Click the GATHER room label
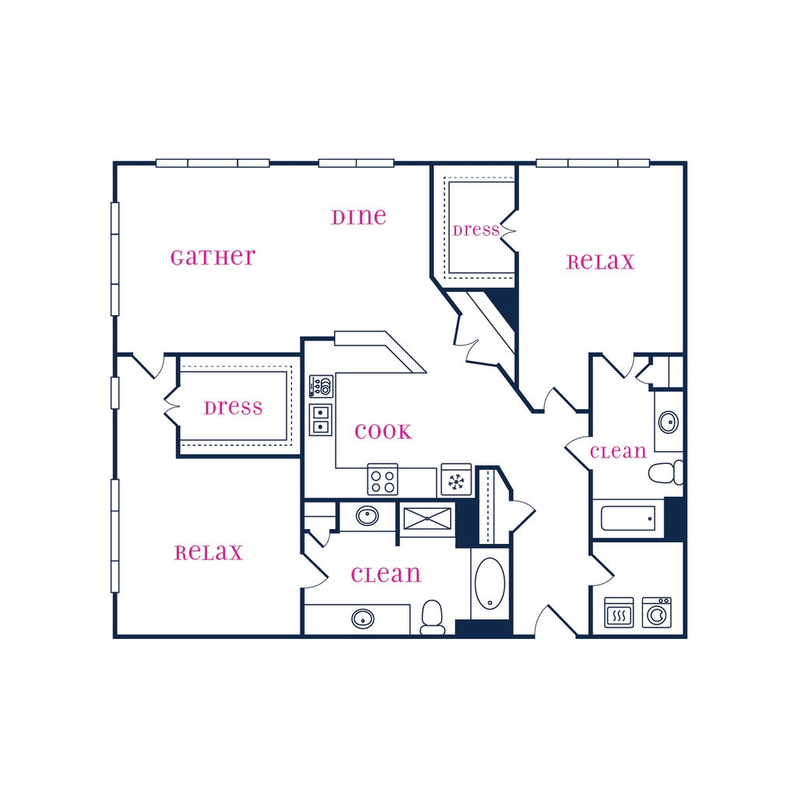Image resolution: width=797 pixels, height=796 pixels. pyautogui.click(x=213, y=258)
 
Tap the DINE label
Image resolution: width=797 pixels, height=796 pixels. pyautogui.click(x=359, y=217)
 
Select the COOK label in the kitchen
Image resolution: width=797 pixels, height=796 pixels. pyautogui.click(x=383, y=432)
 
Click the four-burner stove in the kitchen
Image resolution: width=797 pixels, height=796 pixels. pyautogui.click(x=383, y=479)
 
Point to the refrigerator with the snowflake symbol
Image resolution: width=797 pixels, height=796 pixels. pyautogui.click(x=456, y=479)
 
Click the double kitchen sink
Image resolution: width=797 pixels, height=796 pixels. pyautogui.click(x=321, y=420)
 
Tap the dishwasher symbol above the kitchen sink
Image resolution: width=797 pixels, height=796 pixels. pyautogui.click(x=321, y=386)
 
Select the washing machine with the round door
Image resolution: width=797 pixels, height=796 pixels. pyautogui.click(x=657, y=612)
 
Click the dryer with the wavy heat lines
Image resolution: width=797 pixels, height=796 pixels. pyautogui.click(x=619, y=612)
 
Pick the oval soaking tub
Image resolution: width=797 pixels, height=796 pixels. pyautogui.click(x=490, y=584)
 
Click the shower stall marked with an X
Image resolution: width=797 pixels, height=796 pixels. pyautogui.click(x=427, y=519)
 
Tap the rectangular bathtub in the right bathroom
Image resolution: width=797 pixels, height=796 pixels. pyautogui.click(x=628, y=518)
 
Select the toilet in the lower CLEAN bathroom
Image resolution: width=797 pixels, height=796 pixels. pyautogui.click(x=433, y=617)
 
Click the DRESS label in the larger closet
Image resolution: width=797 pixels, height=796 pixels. pyautogui.click(x=233, y=408)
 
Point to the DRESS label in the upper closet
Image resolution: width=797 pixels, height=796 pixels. pyautogui.click(x=476, y=230)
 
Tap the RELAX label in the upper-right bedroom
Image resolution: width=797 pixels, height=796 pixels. pyautogui.click(x=601, y=262)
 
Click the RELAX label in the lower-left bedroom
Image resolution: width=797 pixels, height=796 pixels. pyautogui.click(x=209, y=553)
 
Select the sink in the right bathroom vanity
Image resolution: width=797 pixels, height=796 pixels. pyautogui.click(x=669, y=422)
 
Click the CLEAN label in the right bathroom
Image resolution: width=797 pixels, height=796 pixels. pyautogui.click(x=618, y=451)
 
